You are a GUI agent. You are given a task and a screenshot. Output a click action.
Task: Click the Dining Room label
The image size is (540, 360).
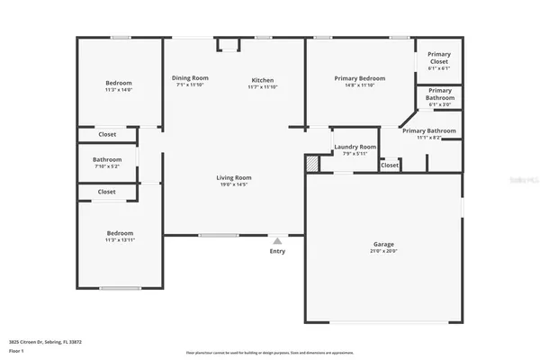pos(190,78)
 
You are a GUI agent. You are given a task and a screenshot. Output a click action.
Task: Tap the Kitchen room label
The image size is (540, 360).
pos(262,81)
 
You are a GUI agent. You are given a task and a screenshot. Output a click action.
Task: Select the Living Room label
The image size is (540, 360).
pos(233,178)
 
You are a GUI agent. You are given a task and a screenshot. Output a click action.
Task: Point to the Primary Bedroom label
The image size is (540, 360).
pos(359,79)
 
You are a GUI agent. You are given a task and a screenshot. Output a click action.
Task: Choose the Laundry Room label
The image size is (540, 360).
pos(355,147)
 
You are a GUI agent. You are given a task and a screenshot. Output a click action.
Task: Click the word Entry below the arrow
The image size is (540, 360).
pos(277,251)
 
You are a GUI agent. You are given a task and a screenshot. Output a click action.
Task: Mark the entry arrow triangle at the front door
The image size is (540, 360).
pos(277,240)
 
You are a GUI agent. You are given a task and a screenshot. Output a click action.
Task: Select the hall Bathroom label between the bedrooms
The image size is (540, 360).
pos(106,160)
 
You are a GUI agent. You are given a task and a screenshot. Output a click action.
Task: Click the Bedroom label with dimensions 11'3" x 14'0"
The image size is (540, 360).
pos(119,83)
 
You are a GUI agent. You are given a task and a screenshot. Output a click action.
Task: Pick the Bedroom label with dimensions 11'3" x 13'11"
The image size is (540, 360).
pos(120,233)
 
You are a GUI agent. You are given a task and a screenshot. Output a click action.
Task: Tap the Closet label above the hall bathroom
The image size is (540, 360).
pos(106,135)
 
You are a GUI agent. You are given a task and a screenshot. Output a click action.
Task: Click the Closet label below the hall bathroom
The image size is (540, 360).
pos(106,192)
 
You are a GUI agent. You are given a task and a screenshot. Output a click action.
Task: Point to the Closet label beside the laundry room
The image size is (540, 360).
pos(390,166)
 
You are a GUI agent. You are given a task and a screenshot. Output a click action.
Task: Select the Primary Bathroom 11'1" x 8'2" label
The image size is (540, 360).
pos(428,131)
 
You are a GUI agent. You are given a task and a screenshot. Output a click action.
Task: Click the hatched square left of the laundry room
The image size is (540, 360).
pos(312,165)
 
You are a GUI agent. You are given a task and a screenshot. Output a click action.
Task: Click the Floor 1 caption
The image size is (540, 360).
pos(16,352)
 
